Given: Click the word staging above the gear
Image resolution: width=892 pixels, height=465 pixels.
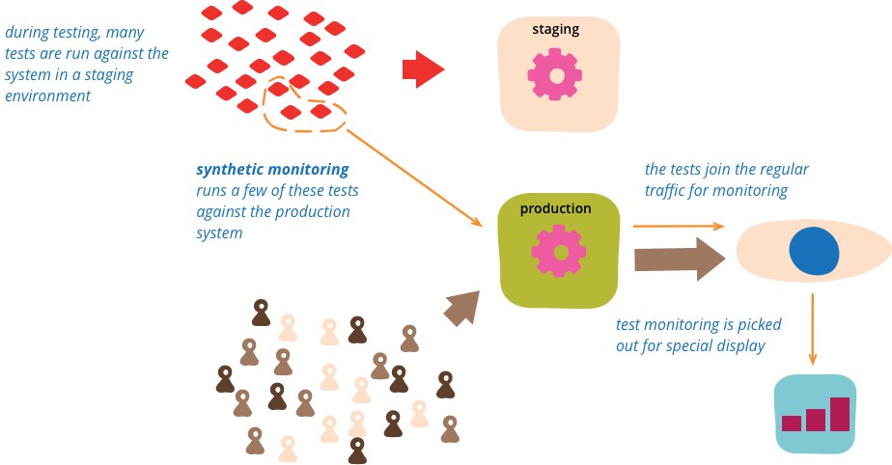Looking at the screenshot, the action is click(x=555, y=30).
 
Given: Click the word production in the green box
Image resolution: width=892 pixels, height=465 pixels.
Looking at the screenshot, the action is click(x=555, y=208).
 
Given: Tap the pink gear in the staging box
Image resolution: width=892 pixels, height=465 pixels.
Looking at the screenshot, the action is click(x=555, y=74).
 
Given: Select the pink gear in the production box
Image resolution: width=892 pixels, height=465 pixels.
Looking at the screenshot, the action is click(x=559, y=251).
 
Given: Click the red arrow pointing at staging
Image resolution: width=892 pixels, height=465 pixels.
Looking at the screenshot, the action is click(x=423, y=69).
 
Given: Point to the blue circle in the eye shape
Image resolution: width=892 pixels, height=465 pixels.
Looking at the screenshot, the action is click(x=814, y=251).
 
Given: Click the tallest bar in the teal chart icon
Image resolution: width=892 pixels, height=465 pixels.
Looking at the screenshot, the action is click(x=840, y=414).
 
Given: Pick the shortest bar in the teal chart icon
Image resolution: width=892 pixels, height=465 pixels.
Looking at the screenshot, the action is click(x=792, y=424).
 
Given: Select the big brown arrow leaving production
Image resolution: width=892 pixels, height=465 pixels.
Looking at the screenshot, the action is click(x=680, y=260).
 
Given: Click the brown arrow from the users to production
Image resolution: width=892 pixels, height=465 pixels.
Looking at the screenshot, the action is click(x=461, y=308).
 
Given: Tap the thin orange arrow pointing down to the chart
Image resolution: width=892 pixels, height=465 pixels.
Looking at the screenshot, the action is click(x=813, y=329).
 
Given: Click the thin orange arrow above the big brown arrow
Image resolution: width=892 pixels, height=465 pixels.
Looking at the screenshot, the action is click(x=679, y=227).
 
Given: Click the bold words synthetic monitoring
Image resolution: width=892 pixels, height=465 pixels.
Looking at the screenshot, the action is click(x=272, y=170).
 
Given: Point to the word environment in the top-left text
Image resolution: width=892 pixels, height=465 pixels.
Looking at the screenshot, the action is click(x=48, y=96).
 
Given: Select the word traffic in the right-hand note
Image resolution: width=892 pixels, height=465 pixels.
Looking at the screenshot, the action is click(x=664, y=190).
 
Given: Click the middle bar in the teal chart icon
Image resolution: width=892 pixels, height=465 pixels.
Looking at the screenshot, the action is click(x=816, y=420).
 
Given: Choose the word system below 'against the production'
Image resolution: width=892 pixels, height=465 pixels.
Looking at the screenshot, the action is click(x=219, y=233).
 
